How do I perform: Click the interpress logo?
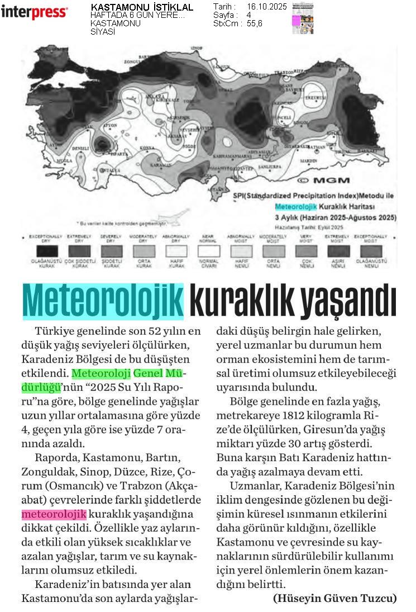click(x=34, y=12)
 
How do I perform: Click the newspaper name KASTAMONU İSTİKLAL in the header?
click(x=142, y=7)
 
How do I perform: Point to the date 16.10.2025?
click(x=266, y=7)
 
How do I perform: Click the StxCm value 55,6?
click(x=254, y=23)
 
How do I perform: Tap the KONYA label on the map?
click(x=147, y=148)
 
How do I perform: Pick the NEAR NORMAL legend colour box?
click(x=209, y=252)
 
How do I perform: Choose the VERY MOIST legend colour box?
click(x=307, y=252)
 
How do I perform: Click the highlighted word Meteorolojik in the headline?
click(x=103, y=302)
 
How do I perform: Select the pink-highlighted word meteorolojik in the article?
click(x=54, y=514)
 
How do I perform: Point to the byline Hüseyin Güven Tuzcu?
click(x=335, y=598)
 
